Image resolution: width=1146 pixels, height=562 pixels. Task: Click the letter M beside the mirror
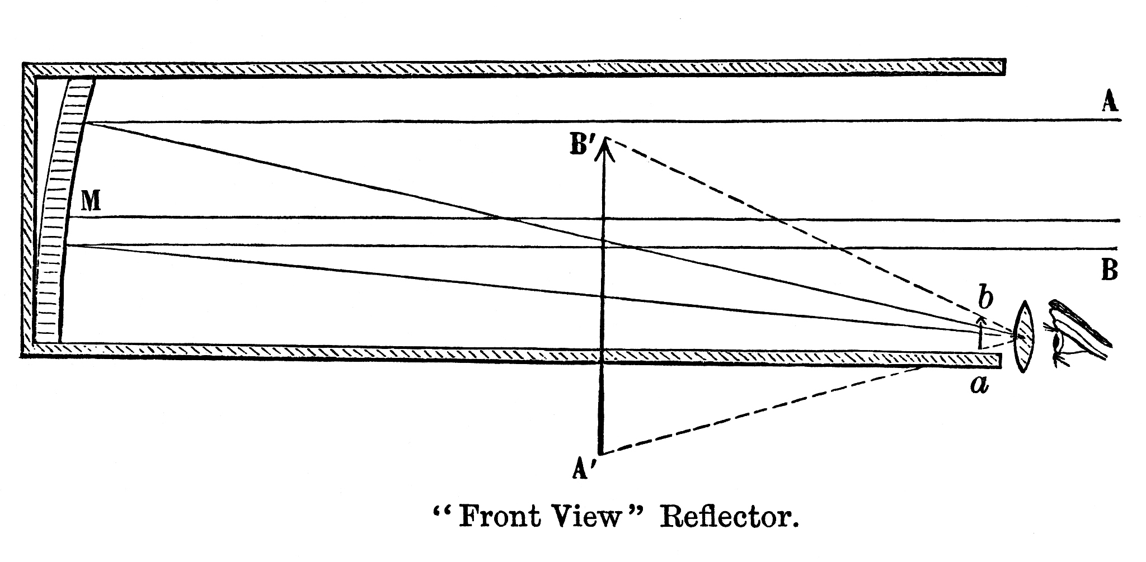click(91, 201)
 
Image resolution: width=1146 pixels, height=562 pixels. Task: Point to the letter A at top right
click(1110, 102)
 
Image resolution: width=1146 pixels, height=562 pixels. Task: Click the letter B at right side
click(1109, 271)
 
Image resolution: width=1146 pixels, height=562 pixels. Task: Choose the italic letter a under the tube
click(979, 385)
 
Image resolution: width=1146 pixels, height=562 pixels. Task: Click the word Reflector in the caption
click(727, 517)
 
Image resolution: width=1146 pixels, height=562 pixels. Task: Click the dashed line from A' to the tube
click(761, 410)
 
